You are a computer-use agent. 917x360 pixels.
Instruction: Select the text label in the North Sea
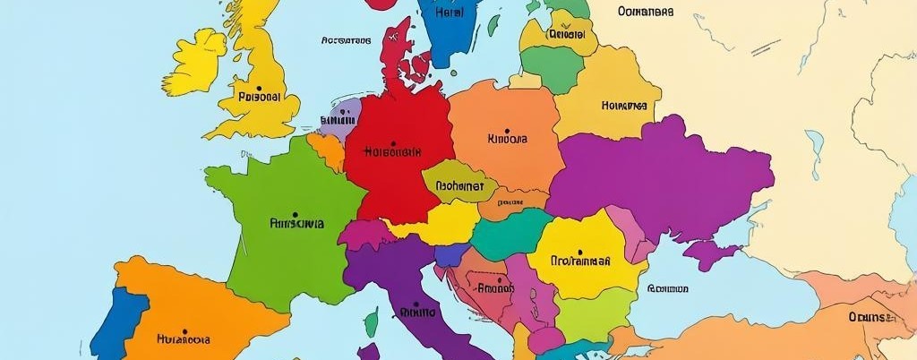point(345,40)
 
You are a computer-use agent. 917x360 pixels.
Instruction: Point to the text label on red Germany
point(391,151)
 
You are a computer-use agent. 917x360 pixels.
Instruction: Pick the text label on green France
point(296,224)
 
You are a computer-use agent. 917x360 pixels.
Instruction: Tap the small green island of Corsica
point(371,321)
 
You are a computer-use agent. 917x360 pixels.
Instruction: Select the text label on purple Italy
point(416,313)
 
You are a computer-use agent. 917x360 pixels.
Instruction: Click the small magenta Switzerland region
point(364,235)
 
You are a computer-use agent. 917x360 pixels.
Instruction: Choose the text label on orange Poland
point(507,139)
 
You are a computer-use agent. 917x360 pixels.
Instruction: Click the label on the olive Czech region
point(458,187)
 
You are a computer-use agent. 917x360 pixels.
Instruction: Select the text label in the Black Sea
point(667,289)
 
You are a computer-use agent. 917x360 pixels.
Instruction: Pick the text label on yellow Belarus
point(623,105)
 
